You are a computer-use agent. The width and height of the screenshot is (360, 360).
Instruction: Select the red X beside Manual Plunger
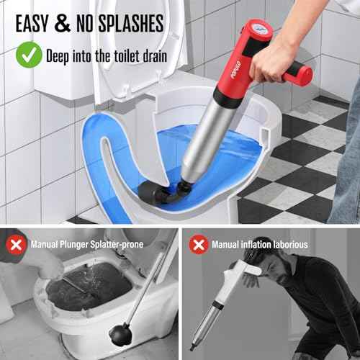(x=15, y=244)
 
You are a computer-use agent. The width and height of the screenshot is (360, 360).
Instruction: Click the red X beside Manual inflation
(x=198, y=244)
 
